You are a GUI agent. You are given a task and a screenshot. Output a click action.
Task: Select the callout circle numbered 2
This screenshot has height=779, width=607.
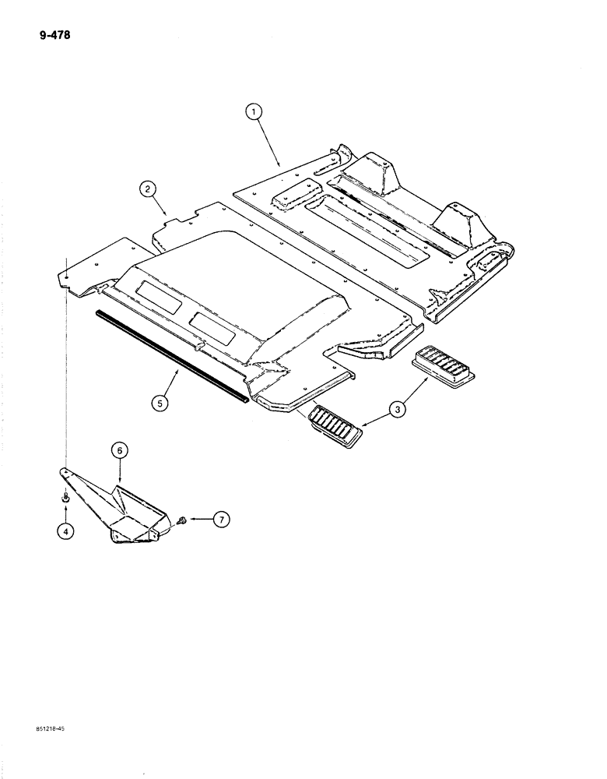pos(146,187)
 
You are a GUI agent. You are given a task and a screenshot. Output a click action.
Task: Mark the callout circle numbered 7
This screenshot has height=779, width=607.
pos(222,519)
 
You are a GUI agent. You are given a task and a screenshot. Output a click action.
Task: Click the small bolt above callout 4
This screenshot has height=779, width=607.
pos(66,497)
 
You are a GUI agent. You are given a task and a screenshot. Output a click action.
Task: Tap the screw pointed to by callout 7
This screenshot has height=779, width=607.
pos(181,518)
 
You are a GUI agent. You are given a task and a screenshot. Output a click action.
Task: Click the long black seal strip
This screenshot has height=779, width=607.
pos(171,355)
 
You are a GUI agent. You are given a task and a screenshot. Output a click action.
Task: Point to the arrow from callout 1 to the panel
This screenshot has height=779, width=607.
pos(268,143)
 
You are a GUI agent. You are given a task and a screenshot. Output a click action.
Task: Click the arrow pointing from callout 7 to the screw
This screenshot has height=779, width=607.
pos(200,519)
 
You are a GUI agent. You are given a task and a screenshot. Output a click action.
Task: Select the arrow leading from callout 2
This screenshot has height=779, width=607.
pos(160,205)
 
